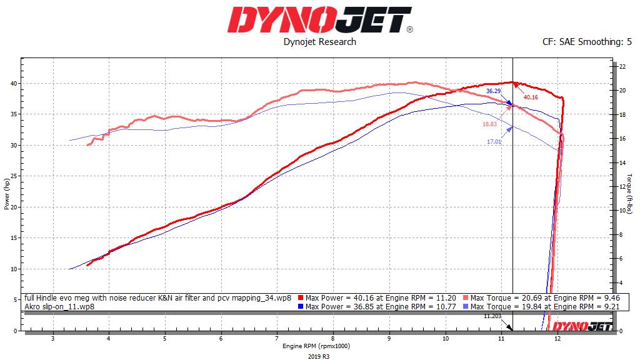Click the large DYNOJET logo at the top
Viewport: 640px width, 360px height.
(319, 20)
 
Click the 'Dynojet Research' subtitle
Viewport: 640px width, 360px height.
(319, 42)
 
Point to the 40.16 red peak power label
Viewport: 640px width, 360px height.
(531, 97)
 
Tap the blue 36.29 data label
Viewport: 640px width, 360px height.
(494, 91)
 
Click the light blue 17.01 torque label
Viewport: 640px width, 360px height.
(494, 142)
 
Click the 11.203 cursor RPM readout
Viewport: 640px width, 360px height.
(492, 317)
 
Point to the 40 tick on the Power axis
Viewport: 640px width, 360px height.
(14, 84)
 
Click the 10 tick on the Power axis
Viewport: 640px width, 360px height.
(14, 269)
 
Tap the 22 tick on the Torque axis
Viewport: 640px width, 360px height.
(622, 66)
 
